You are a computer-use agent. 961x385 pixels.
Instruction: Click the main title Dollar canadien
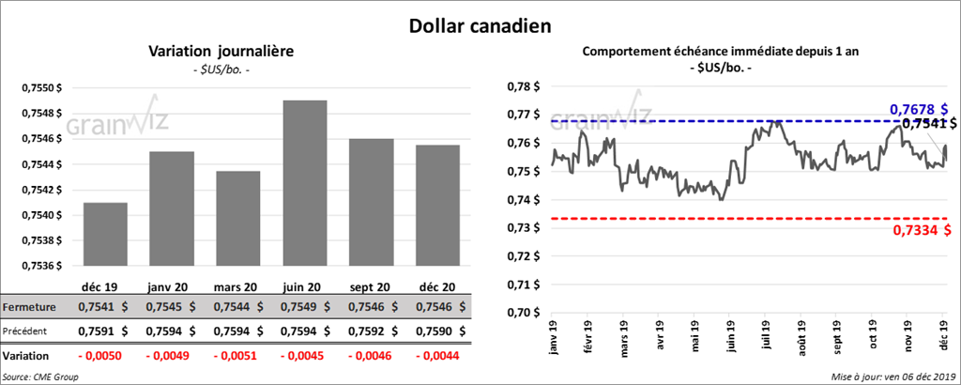click(480, 26)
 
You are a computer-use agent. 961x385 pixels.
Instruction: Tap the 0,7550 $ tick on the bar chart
click(42, 87)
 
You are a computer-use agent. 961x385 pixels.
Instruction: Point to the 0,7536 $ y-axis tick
click(42, 266)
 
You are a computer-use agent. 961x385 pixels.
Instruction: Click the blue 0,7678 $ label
click(919, 110)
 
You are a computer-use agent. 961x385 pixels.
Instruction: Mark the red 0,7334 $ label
click(920, 230)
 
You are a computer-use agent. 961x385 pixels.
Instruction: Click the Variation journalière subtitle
click(208, 52)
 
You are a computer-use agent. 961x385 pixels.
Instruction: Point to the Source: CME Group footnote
click(40, 377)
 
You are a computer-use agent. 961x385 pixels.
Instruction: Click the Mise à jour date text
click(892, 377)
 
